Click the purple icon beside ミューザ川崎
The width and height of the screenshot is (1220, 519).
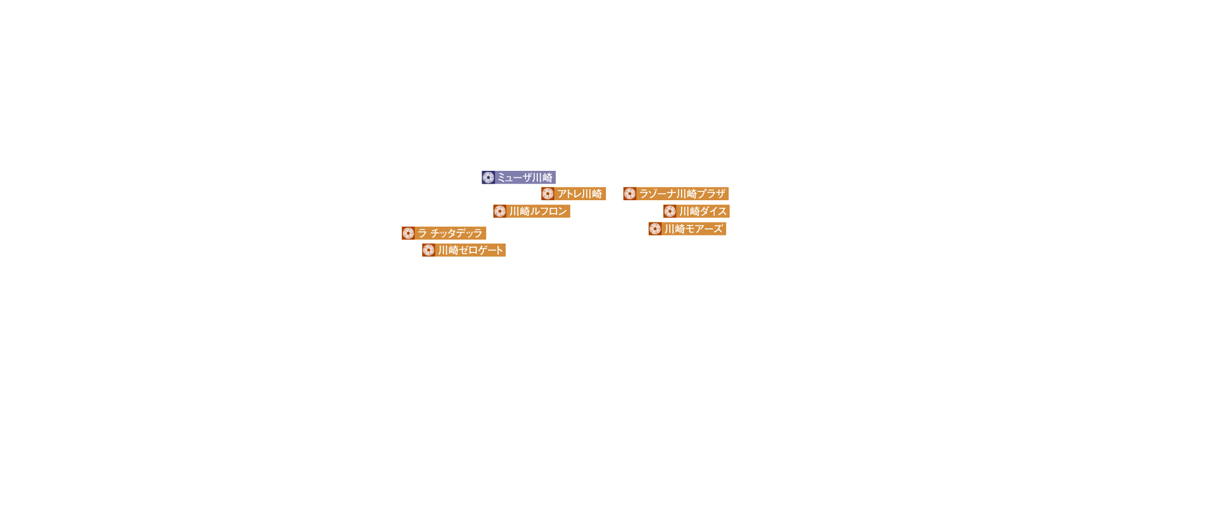click(488, 177)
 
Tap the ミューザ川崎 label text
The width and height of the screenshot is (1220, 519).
click(525, 177)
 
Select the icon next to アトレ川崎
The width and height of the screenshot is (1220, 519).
click(548, 194)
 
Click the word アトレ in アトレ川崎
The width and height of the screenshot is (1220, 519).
click(569, 194)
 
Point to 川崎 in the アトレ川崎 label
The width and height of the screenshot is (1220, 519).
click(592, 194)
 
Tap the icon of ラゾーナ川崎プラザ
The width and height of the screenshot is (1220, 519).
click(630, 194)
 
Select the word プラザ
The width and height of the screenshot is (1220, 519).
click(712, 194)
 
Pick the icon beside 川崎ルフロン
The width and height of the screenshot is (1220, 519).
click(500, 211)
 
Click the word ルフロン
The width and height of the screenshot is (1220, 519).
click(549, 211)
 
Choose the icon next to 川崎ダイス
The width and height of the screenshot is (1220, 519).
click(670, 211)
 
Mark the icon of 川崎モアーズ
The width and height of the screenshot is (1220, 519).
click(655, 229)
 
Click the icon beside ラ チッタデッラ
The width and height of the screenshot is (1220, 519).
click(408, 233)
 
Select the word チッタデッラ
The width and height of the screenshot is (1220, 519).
click(456, 233)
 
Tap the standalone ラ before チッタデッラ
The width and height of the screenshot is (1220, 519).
click(422, 233)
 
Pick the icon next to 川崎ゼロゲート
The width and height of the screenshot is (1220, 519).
click(429, 250)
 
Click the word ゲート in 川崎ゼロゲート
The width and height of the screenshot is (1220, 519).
click(492, 250)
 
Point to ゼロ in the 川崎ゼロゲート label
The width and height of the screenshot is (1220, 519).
click(469, 250)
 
